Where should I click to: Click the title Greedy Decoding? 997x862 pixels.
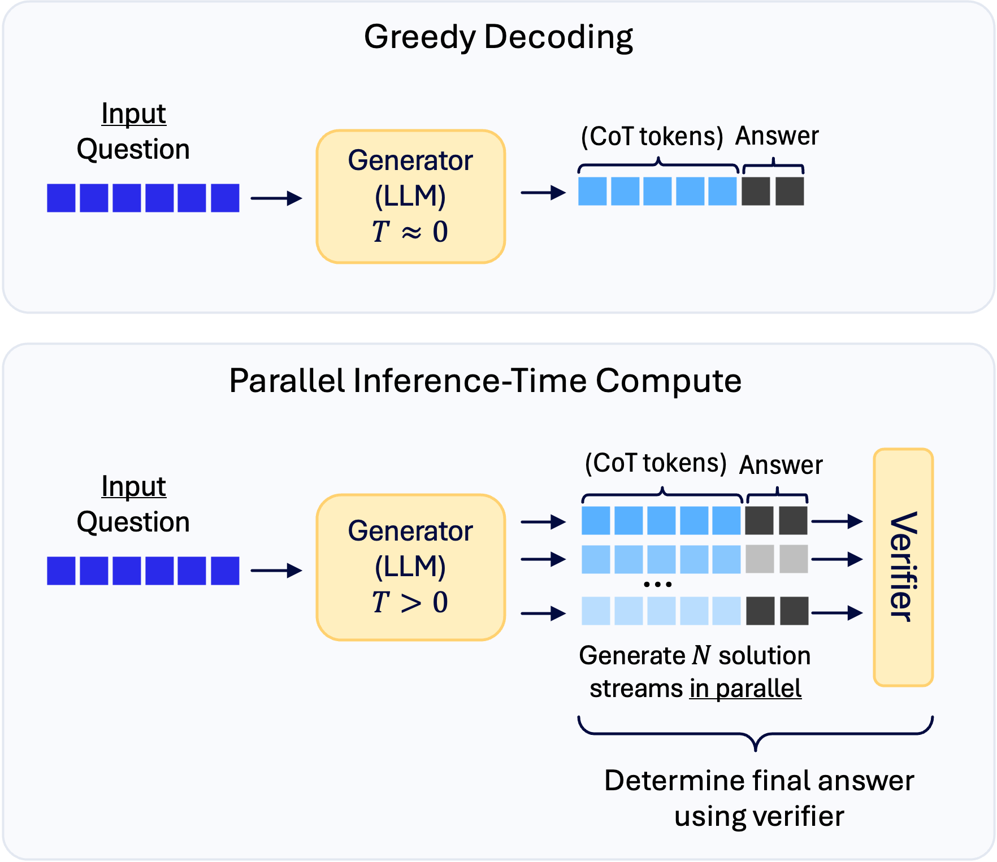[498, 37]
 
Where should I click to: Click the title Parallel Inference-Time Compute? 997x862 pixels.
[485, 381]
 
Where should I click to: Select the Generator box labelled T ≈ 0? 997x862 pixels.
[410, 197]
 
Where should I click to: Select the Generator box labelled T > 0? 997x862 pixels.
[410, 567]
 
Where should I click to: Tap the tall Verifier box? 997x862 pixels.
[903, 567]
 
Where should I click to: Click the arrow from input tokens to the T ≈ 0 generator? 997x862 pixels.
[276, 198]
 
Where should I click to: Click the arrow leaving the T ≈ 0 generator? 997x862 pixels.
[543, 193]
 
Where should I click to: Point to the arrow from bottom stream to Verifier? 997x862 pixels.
[836, 612]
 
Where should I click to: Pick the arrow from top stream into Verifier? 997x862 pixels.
[836, 521]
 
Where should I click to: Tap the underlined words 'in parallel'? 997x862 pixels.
[745, 689]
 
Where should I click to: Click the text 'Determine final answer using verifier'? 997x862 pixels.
[758, 798]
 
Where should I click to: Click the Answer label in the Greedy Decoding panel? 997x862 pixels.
[777, 136]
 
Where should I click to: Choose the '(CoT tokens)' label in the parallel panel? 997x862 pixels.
[656, 463]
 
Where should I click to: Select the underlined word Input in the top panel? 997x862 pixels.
[133, 114]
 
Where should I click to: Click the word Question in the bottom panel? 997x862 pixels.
[133, 522]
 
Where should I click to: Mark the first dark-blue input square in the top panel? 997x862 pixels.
[61, 198]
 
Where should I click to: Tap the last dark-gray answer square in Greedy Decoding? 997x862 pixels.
[790, 191]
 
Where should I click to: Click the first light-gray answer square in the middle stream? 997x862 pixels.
[760, 559]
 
